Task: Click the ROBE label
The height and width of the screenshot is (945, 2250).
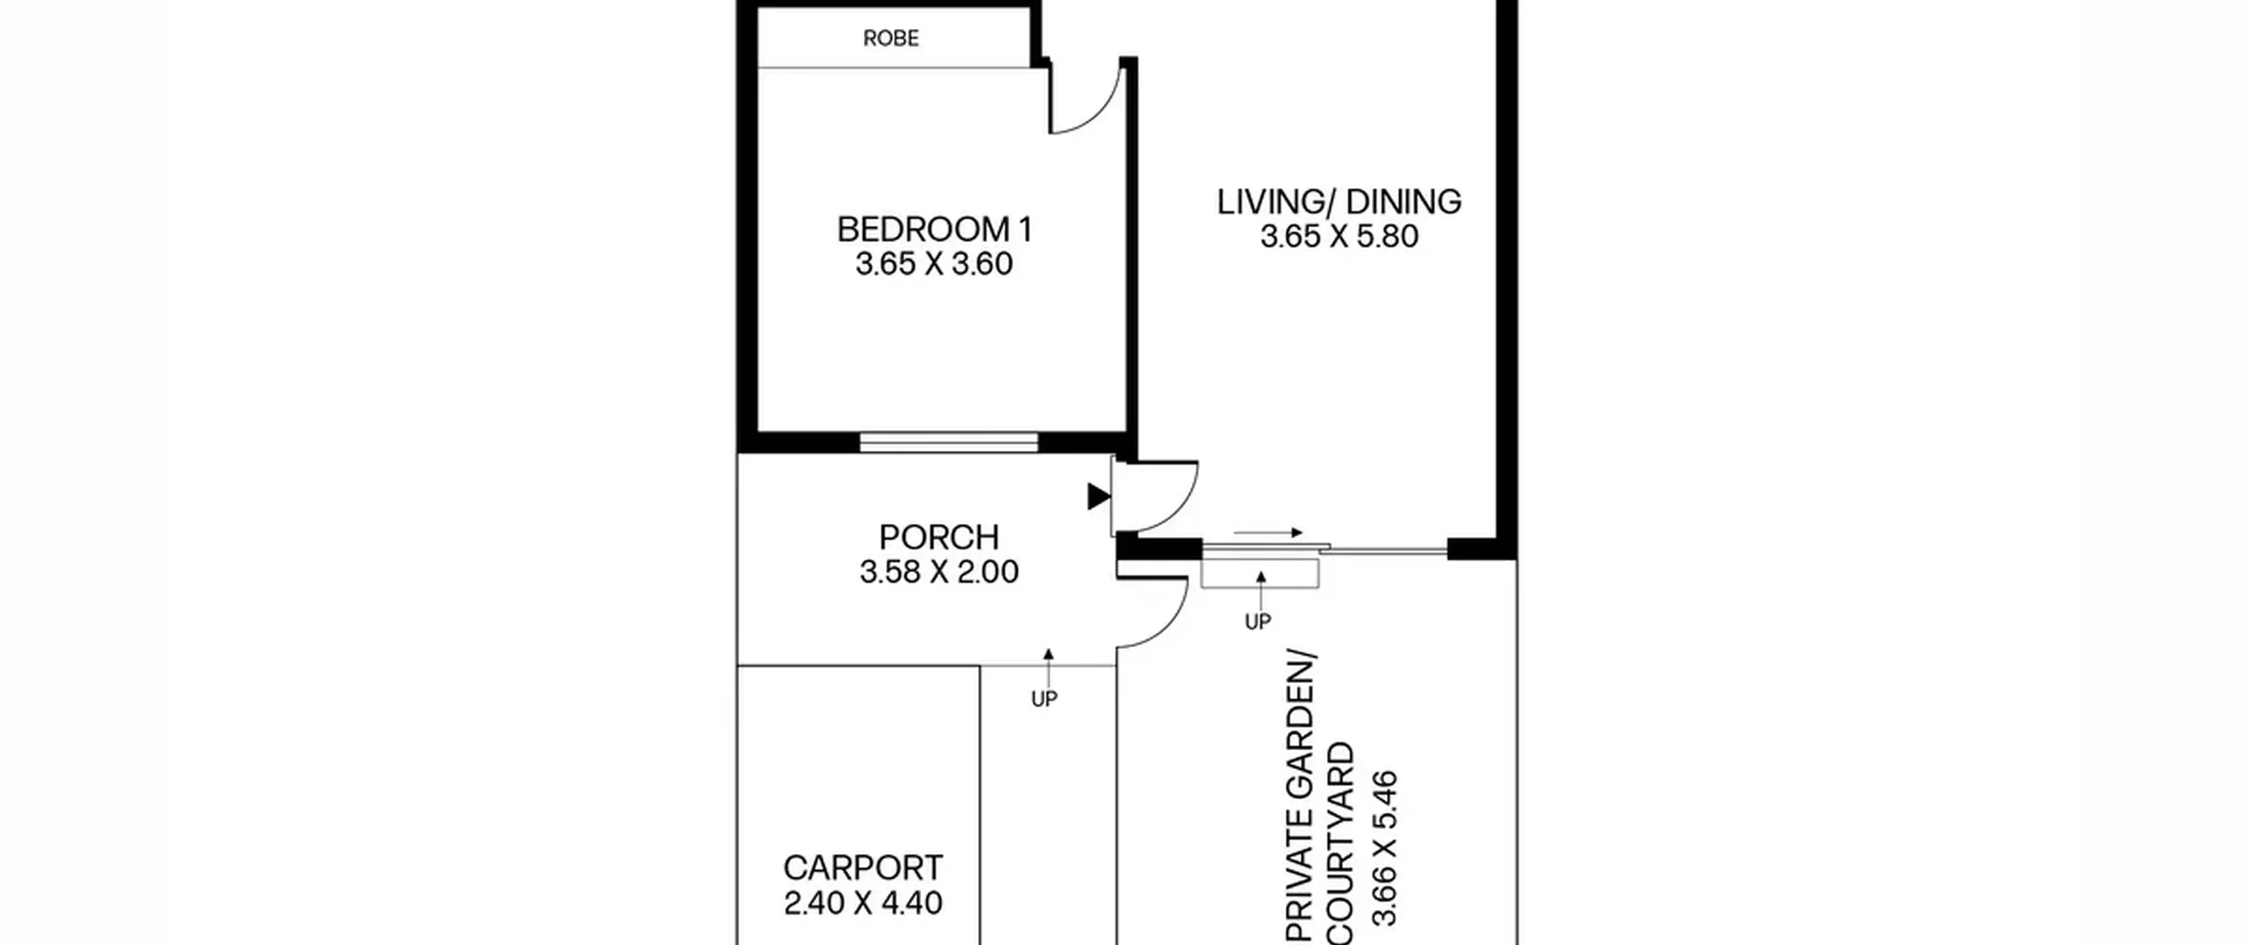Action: click(x=890, y=38)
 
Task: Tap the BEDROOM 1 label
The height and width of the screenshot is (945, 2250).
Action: click(x=934, y=229)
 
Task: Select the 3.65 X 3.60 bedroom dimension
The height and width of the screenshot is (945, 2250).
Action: click(x=934, y=264)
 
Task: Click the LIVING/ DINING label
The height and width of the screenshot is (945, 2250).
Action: click(x=1339, y=201)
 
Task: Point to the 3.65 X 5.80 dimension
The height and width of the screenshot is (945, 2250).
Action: click(x=1339, y=236)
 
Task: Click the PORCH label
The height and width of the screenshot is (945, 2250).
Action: click(x=939, y=537)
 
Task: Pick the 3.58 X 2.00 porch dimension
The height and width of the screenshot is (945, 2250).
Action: click(x=939, y=572)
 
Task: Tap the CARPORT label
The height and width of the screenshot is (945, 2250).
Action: click(x=862, y=868)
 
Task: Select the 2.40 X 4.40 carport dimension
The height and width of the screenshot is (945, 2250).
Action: click(x=862, y=903)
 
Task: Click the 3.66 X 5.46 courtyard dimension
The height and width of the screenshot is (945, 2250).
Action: click(x=1384, y=847)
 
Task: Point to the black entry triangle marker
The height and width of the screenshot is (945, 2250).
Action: click(x=1099, y=496)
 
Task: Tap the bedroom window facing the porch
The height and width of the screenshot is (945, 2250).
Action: click(x=948, y=442)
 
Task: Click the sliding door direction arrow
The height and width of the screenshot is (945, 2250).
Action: click(x=1267, y=533)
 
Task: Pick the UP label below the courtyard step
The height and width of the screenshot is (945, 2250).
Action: click(x=1258, y=622)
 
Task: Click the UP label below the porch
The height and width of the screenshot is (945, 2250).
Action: click(x=1044, y=699)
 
